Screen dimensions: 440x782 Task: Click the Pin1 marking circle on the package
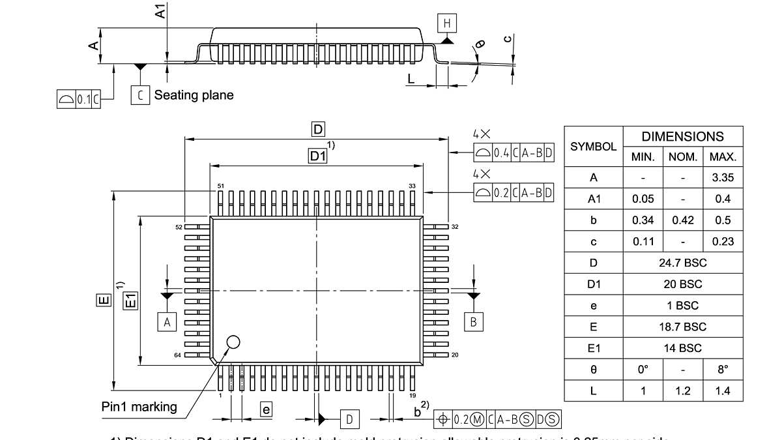(233, 342)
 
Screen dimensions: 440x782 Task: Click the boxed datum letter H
(447, 24)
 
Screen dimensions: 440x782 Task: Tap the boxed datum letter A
(167, 322)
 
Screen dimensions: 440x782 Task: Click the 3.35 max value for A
(723, 177)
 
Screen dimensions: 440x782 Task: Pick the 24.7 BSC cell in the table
(682, 263)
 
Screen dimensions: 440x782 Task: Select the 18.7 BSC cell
(682, 327)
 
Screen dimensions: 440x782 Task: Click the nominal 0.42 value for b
(682, 220)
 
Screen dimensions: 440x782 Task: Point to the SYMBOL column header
(593, 147)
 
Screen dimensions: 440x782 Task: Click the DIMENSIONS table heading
(682, 137)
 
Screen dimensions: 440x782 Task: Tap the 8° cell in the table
(723, 370)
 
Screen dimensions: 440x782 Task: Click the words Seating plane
(194, 95)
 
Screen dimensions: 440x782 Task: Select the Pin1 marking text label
(139, 407)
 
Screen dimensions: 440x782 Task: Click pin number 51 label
(221, 186)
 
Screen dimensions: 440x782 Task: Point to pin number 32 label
(456, 227)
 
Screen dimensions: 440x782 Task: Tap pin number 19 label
(413, 396)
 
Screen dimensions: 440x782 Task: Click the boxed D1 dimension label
(317, 156)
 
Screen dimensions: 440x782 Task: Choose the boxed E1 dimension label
(130, 301)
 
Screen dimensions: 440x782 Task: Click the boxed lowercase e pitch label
(266, 409)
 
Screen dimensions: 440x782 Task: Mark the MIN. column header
(643, 157)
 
